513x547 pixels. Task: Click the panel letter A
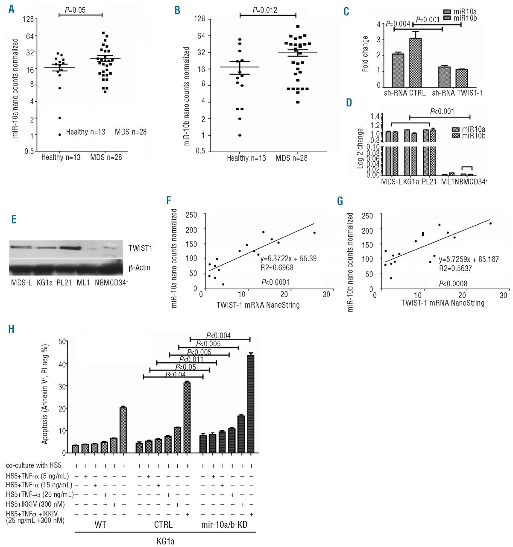(12, 9)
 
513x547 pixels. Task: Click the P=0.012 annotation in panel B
(266, 10)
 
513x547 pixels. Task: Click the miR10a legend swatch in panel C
(447, 12)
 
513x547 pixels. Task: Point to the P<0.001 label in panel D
(442, 112)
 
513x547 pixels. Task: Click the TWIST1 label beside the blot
(140, 248)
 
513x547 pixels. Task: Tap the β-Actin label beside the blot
(139, 268)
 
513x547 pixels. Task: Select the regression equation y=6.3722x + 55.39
(288, 259)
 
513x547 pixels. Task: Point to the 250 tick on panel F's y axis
(191, 215)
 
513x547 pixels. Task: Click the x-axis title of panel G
(443, 303)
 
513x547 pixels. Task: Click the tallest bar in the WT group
(123, 429)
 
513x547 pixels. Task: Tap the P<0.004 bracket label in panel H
(218, 336)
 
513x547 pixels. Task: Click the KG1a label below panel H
(165, 541)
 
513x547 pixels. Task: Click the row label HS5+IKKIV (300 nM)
(35, 504)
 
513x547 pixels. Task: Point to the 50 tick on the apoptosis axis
(62, 341)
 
